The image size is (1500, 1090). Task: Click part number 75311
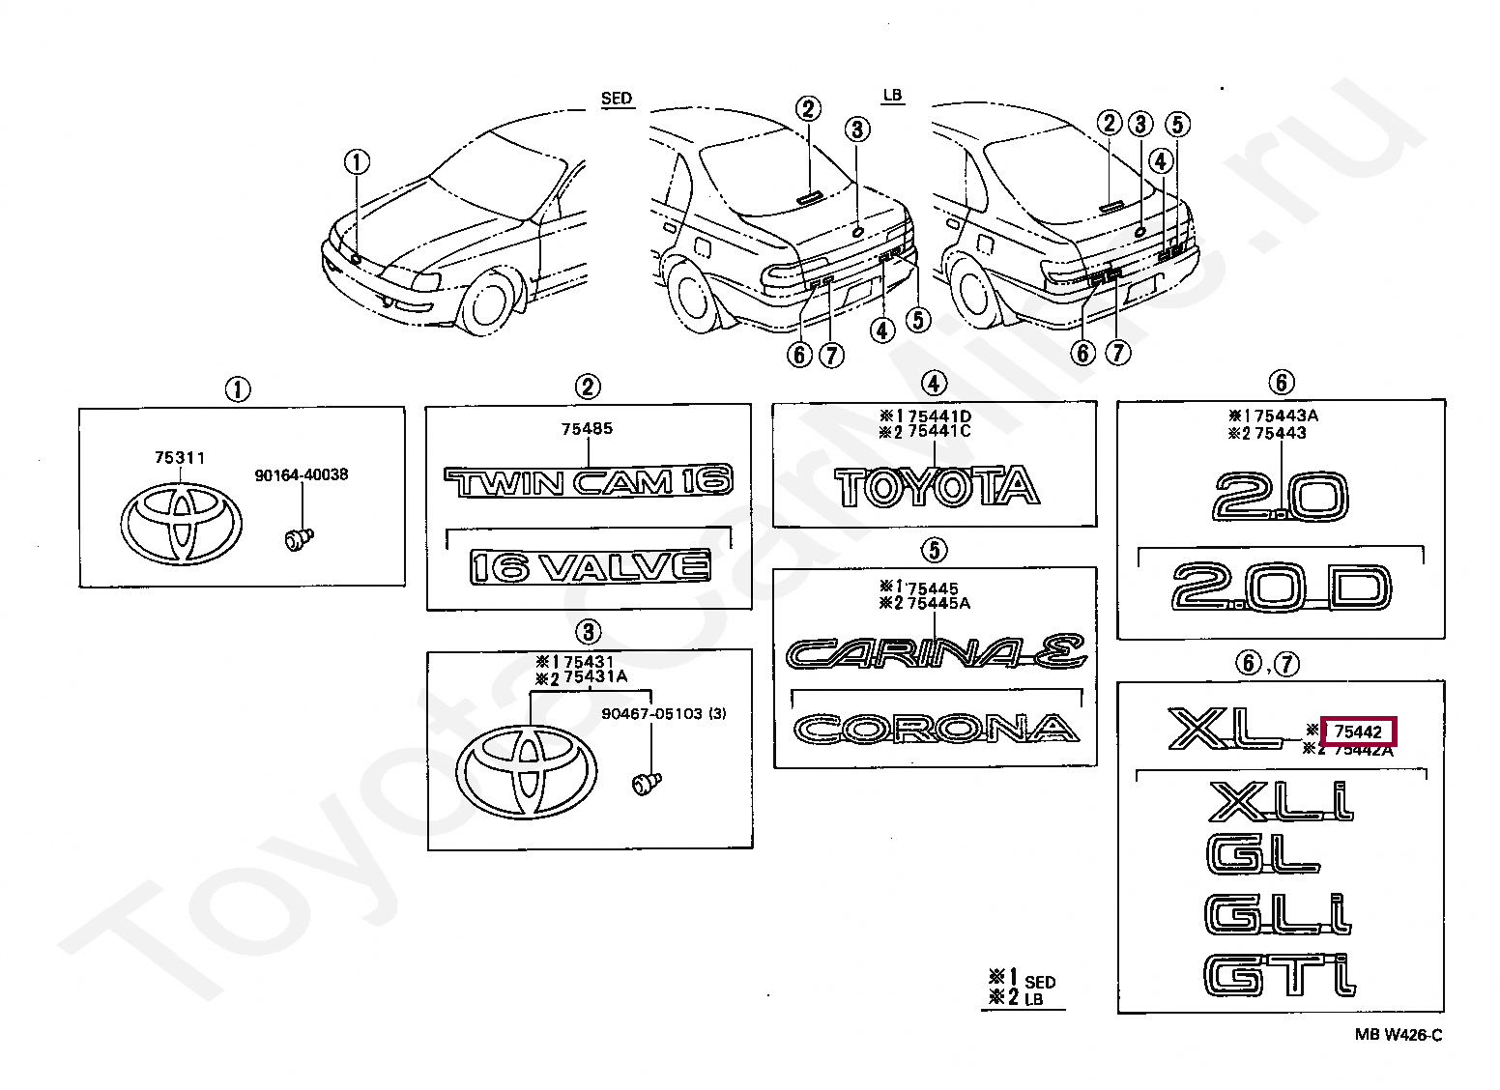point(179,458)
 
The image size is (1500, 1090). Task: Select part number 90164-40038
point(302,475)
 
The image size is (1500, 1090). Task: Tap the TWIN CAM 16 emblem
point(588,481)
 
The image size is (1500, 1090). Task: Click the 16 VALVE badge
point(590,566)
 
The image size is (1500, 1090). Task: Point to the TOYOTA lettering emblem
point(936,487)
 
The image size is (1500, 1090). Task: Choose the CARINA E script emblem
point(936,653)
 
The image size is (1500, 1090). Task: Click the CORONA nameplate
point(936,728)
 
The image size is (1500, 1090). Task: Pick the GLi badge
point(1280,914)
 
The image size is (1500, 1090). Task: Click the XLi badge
point(1280,801)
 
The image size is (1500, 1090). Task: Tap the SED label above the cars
point(616,99)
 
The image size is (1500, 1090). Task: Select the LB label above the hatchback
point(891,95)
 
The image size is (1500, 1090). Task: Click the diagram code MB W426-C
point(1398,1035)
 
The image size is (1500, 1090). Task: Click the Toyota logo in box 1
point(180,523)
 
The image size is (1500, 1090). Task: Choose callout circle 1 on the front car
point(358,162)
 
